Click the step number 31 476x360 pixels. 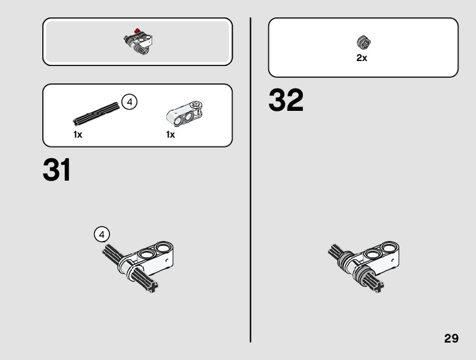pos(57,170)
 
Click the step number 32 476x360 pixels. pos(286,101)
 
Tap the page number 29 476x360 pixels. pos(451,339)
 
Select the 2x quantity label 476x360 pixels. pos(362,58)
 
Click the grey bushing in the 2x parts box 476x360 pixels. pos(363,42)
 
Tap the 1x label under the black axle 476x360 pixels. pos(78,135)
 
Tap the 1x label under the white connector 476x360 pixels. pos(170,135)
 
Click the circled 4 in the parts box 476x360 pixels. pos(129,102)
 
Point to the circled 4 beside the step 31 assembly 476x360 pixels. pos(102,234)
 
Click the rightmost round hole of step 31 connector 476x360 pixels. pos(164,249)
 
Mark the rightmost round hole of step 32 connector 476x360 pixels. pos(389,249)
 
